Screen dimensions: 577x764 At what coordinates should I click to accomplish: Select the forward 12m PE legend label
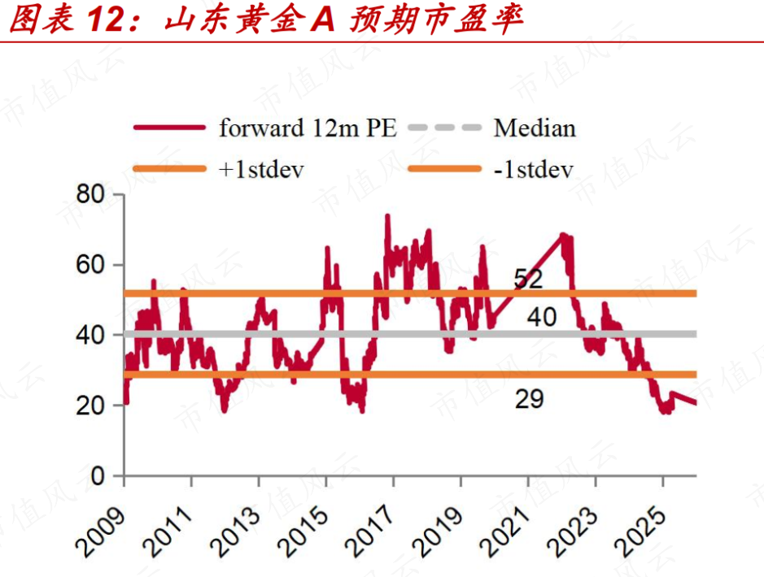308,128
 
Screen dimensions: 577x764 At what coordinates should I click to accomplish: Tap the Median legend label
535,128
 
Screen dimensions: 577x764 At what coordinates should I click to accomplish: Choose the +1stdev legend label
261,170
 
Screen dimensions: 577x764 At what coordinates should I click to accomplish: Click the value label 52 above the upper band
528,280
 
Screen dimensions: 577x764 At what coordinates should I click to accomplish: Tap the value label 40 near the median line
542,318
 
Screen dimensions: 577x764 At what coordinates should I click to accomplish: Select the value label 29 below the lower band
530,399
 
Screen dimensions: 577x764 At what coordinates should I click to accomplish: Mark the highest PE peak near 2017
387,216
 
